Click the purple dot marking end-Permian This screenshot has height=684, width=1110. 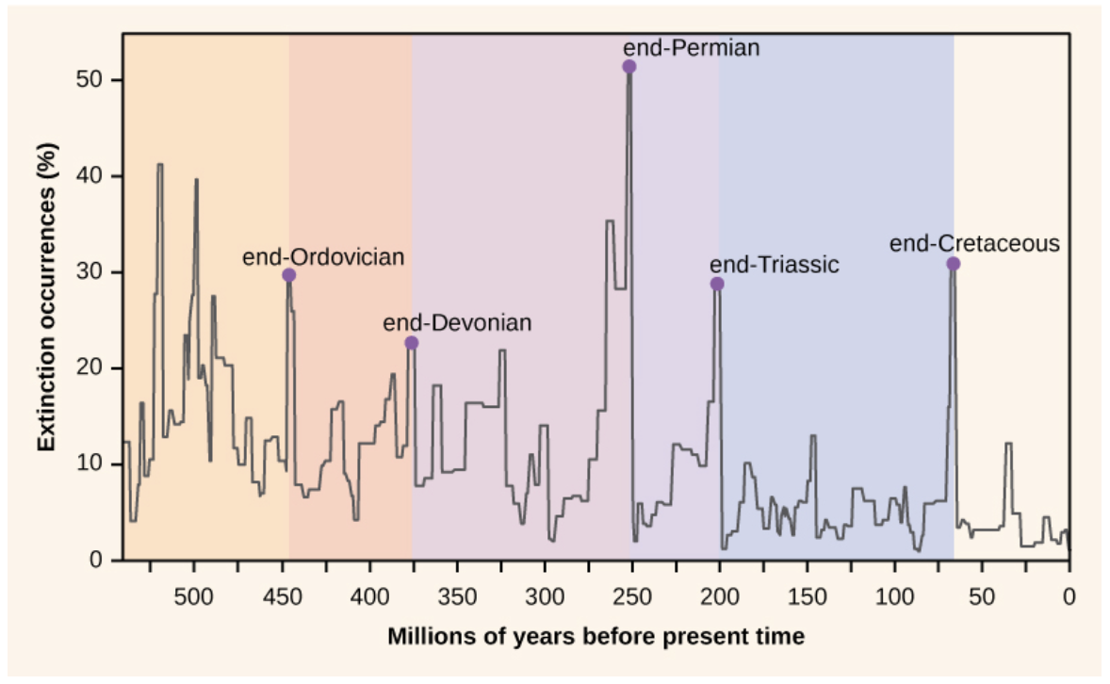pos(629,67)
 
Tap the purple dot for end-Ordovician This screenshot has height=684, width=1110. pos(289,275)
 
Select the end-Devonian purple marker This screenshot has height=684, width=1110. pos(411,343)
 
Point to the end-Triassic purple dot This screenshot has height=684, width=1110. pos(717,285)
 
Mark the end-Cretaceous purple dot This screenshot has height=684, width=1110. pos(953,264)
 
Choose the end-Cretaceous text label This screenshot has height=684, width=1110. pos(974,244)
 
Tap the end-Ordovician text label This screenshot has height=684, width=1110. pos(323,256)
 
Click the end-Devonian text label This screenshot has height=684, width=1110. pos(457,323)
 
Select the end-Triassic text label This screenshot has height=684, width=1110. pos(774,265)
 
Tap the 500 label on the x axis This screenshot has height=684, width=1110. pos(193,595)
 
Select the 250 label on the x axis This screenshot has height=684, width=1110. pos(631,595)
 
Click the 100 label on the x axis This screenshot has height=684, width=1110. pos(894,595)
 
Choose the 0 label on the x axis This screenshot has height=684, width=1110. pos(1069,595)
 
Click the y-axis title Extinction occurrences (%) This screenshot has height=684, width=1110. pos(47,297)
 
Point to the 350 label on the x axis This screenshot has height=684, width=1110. pos(456,595)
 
